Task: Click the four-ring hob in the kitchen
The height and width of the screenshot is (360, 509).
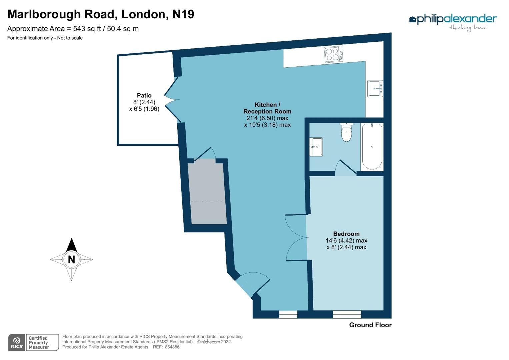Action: click(333, 54)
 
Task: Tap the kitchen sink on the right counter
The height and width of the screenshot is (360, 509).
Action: click(375, 89)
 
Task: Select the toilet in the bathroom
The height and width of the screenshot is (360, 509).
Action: click(347, 132)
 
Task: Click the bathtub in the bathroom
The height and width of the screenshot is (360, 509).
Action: click(372, 146)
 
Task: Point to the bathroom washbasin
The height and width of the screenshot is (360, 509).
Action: click(316, 147)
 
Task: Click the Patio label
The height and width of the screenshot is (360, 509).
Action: click(144, 96)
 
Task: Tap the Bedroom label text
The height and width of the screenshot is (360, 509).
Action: click(346, 234)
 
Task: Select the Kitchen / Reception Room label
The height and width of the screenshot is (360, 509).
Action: click(267, 108)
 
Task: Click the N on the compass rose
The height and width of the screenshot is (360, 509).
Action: click(71, 259)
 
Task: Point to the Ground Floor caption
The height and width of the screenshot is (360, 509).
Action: click(370, 325)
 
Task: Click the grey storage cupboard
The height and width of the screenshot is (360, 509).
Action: click(207, 193)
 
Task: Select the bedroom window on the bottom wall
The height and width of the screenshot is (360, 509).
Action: click(347, 314)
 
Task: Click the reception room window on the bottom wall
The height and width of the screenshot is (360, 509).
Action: click(288, 314)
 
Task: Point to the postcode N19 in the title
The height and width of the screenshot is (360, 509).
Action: click(183, 14)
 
